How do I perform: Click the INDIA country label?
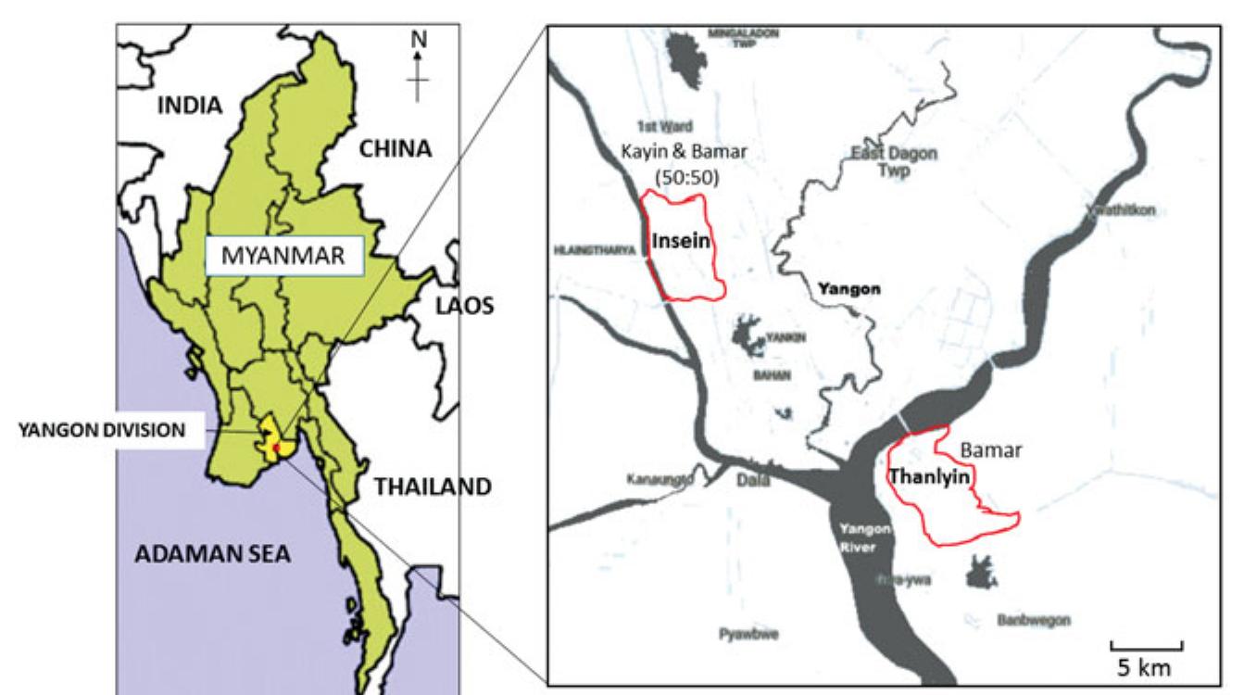coord(190,105)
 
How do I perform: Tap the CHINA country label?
coord(396,148)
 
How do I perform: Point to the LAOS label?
coord(466,307)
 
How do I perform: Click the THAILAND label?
coord(433,486)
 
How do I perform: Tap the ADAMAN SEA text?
coord(213,554)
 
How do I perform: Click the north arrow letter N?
coord(419,40)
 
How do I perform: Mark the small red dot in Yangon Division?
coord(276,448)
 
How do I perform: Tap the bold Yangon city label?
coord(848,289)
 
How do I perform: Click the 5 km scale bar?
coord(1146,646)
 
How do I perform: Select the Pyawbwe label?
coord(748,634)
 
